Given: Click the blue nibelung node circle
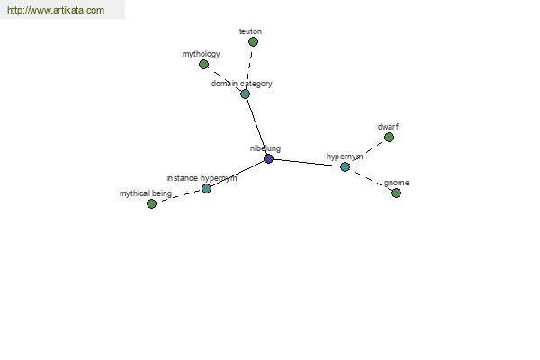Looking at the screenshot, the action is (x=268, y=158).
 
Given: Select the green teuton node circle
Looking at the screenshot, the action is (x=253, y=42).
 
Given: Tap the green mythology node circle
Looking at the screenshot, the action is (x=204, y=65).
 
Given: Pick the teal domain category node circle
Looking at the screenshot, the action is (x=245, y=94).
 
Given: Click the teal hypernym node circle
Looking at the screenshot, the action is (x=345, y=167).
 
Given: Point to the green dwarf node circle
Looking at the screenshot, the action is (x=389, y=138).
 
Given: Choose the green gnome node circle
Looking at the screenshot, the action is (x=396, y=193).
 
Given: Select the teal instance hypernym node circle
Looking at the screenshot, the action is (x=206, y=188).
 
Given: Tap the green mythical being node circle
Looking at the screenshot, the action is (x=151, y=204).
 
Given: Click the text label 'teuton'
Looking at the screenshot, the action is (x=250, y=31).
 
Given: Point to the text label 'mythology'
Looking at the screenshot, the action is (x=201, y=54).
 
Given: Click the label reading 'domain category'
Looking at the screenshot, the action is (x=242, y=84).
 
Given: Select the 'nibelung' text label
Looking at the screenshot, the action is (x=265, y=148).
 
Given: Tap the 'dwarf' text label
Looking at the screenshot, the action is (x=388, y=127).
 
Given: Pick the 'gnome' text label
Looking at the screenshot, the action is (x=397, y=183).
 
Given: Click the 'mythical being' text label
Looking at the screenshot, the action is (x=145, y=193).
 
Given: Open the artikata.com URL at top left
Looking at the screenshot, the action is (x=56, y=10).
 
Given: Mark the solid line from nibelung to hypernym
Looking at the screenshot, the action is (x=307, y=163).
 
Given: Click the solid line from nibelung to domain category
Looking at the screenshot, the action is (x=256, y=126).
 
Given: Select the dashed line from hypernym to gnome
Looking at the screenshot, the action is (x=371, y=180).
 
